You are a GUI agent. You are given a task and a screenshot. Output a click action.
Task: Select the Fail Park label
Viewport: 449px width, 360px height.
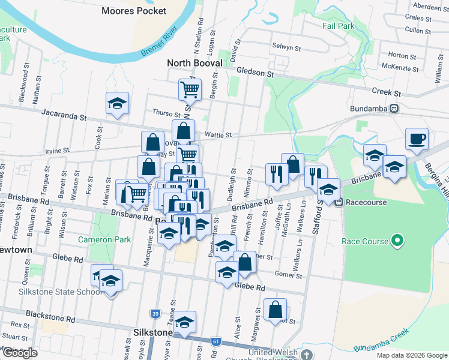click(338, 26)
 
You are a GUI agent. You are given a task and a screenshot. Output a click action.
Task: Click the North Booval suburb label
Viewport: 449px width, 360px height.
click(194, 63)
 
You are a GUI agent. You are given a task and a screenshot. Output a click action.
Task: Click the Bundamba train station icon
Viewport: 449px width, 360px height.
click(394, 109)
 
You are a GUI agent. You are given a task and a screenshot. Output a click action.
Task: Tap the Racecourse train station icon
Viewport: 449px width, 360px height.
click(339, 202)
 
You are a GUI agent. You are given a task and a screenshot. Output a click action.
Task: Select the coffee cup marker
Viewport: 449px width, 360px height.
click(417, 139)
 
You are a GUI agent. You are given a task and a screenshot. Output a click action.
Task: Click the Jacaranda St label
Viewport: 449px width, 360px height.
click(63, 112)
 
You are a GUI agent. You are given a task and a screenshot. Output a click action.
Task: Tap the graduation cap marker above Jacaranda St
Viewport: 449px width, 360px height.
click(117, 103)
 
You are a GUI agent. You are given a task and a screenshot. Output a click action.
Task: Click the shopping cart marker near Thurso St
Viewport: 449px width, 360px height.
click(190, 90)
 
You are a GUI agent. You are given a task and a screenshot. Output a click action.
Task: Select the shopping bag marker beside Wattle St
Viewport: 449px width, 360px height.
click(183, 130)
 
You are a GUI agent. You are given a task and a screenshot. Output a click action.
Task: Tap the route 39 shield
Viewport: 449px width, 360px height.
click(155, 314)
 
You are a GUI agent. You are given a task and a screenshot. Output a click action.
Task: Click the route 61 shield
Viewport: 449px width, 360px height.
click(215, 341)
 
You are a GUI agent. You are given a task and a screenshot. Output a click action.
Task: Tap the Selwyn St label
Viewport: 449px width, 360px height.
click(286, 46)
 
